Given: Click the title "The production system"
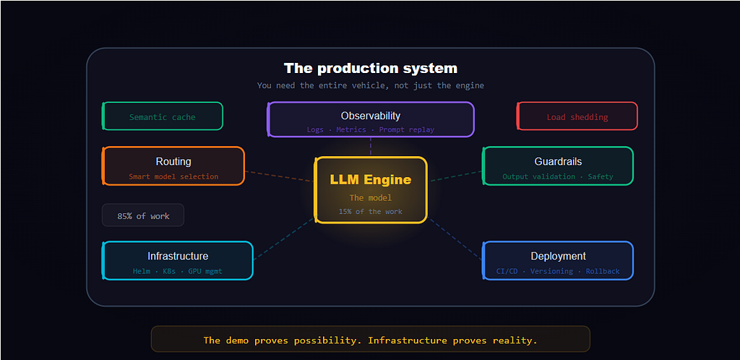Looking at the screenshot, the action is [371, 69].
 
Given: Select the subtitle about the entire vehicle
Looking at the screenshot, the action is [371, 85].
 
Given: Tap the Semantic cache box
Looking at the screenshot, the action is [163, 116].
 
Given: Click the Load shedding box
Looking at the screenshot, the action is [577, 116].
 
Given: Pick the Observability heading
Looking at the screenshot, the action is [371, 116].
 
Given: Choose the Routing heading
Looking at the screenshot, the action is [173, 161].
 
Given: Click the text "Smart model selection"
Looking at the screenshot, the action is [173, 176].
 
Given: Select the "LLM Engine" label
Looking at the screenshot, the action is [371, 180].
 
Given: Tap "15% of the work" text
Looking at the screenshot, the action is [371, 211].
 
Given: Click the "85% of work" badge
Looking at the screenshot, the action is [143, 215].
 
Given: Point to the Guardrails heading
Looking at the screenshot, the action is [558, 161].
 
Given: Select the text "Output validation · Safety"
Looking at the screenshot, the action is [558, 176].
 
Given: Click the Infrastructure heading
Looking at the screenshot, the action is [178, 256].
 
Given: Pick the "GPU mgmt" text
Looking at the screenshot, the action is [205, 271].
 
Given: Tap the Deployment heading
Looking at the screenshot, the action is [558, 256].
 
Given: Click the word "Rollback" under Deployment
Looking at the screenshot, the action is [603, 271].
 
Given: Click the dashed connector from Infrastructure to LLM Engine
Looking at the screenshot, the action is [284, 239].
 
